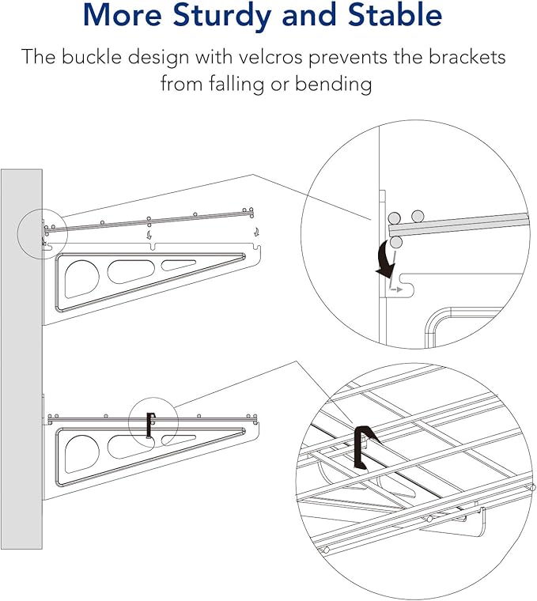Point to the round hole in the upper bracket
[x=81, y=278]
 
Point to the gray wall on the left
[x=21, y=356]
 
